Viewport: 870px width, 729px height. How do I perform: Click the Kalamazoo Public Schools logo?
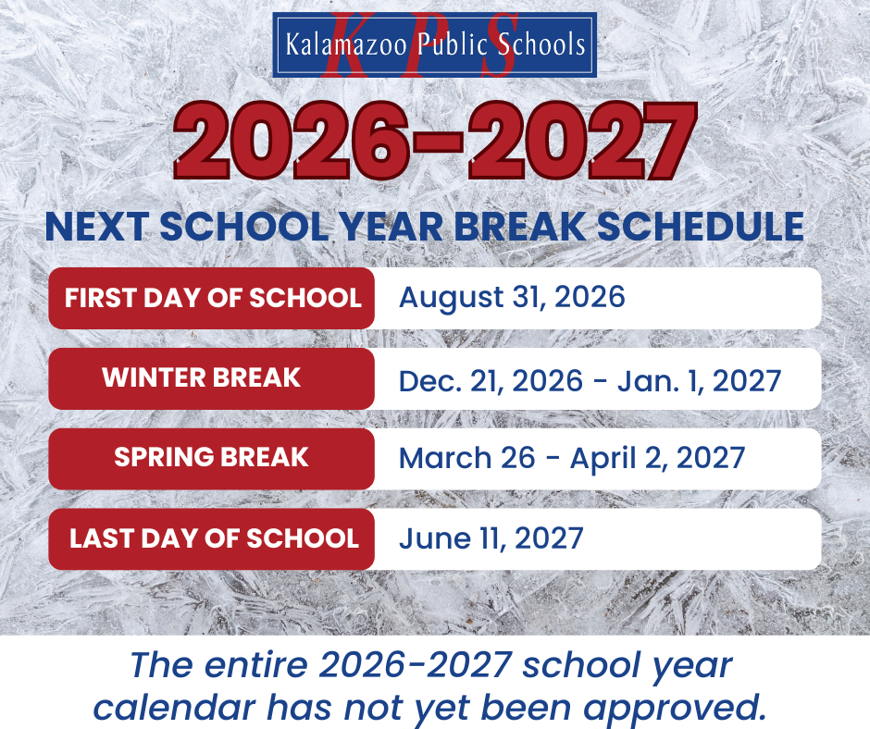tap(434, 44)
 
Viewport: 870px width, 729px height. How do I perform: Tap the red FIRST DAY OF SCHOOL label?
tap(211, 298)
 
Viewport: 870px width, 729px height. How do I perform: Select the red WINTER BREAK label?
tap(211, 378)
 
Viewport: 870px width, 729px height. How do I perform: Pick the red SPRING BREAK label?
tap(211, 458)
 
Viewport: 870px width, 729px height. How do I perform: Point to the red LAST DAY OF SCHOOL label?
tap(211, 538)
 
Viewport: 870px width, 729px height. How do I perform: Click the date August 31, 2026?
tap(512, 297)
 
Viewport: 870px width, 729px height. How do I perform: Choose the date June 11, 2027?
tap(491, 538)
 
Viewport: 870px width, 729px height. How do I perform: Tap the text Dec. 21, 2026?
tap(491, 381)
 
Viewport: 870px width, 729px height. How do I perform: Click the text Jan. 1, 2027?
tap(699, 381)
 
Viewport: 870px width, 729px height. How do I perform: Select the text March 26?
tap(467, 458)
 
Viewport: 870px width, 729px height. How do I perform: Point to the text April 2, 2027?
tap(657, 458)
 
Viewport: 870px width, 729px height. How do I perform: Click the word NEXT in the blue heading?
tap(96, 227)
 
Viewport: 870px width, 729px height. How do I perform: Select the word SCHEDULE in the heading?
tap(701, 227)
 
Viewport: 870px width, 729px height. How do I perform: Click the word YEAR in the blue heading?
tap(391, 227)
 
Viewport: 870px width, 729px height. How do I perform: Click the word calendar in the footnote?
tap(174, 708)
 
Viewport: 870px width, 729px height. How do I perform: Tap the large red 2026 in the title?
tap(292, 141)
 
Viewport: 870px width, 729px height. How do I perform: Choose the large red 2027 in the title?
tap(582, 141)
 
